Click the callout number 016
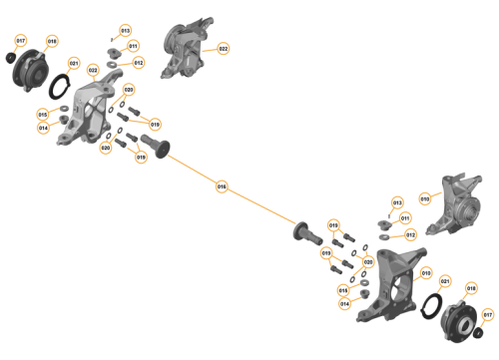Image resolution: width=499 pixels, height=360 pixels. (222, 186)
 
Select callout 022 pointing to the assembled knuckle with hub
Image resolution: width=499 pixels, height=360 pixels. (224, 48)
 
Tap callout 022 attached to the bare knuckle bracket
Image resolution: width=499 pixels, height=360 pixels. (92, 71)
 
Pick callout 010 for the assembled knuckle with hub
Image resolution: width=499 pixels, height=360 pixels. (424, 198)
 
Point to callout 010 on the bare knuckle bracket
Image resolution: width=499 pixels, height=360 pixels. (425, 273)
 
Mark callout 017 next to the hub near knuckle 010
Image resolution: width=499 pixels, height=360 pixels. (488, 314)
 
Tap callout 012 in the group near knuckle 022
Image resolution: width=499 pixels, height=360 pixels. (138, 63)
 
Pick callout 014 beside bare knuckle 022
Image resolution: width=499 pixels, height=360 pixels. (44, 128)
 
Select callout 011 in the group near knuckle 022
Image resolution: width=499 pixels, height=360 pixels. (133, 46)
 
